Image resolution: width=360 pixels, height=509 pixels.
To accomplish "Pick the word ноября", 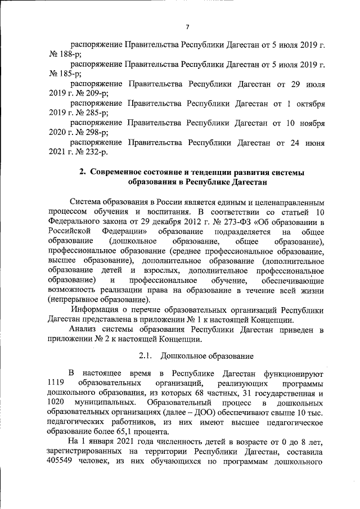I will tap(310, 123).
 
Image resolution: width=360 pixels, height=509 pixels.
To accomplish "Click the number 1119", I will tap(58, 383).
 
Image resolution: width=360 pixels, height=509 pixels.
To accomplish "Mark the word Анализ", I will tap(83, 330).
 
